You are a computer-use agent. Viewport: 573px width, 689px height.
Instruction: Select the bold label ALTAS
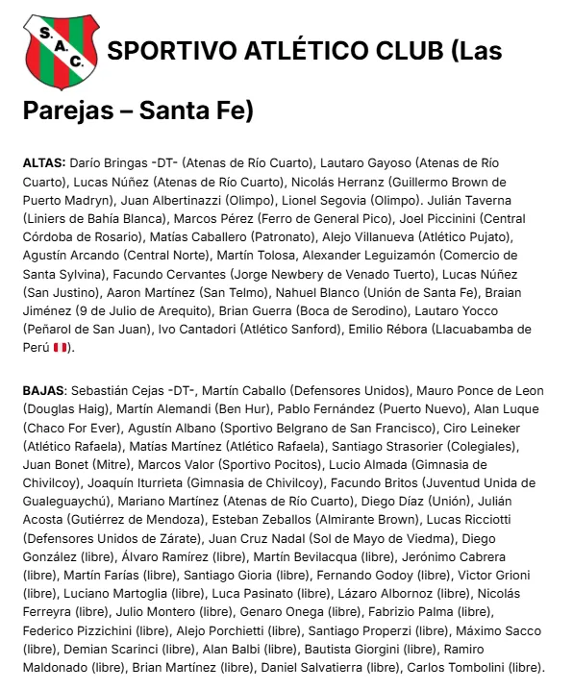pos(43,163)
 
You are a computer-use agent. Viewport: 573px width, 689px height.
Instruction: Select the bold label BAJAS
pos(43,390)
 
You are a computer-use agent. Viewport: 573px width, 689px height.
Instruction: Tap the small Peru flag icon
pos(59,347)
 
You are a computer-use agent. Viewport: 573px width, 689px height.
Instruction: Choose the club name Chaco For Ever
pos(70,428)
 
